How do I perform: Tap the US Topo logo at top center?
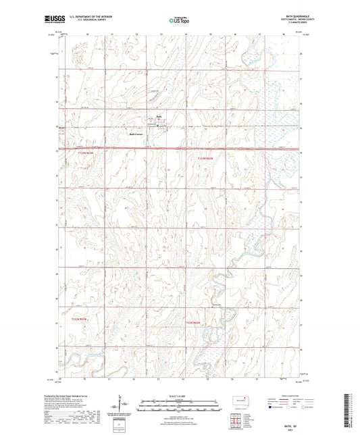(179, 21)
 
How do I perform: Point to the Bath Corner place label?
(136, 134)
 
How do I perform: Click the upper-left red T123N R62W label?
(80, 155)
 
